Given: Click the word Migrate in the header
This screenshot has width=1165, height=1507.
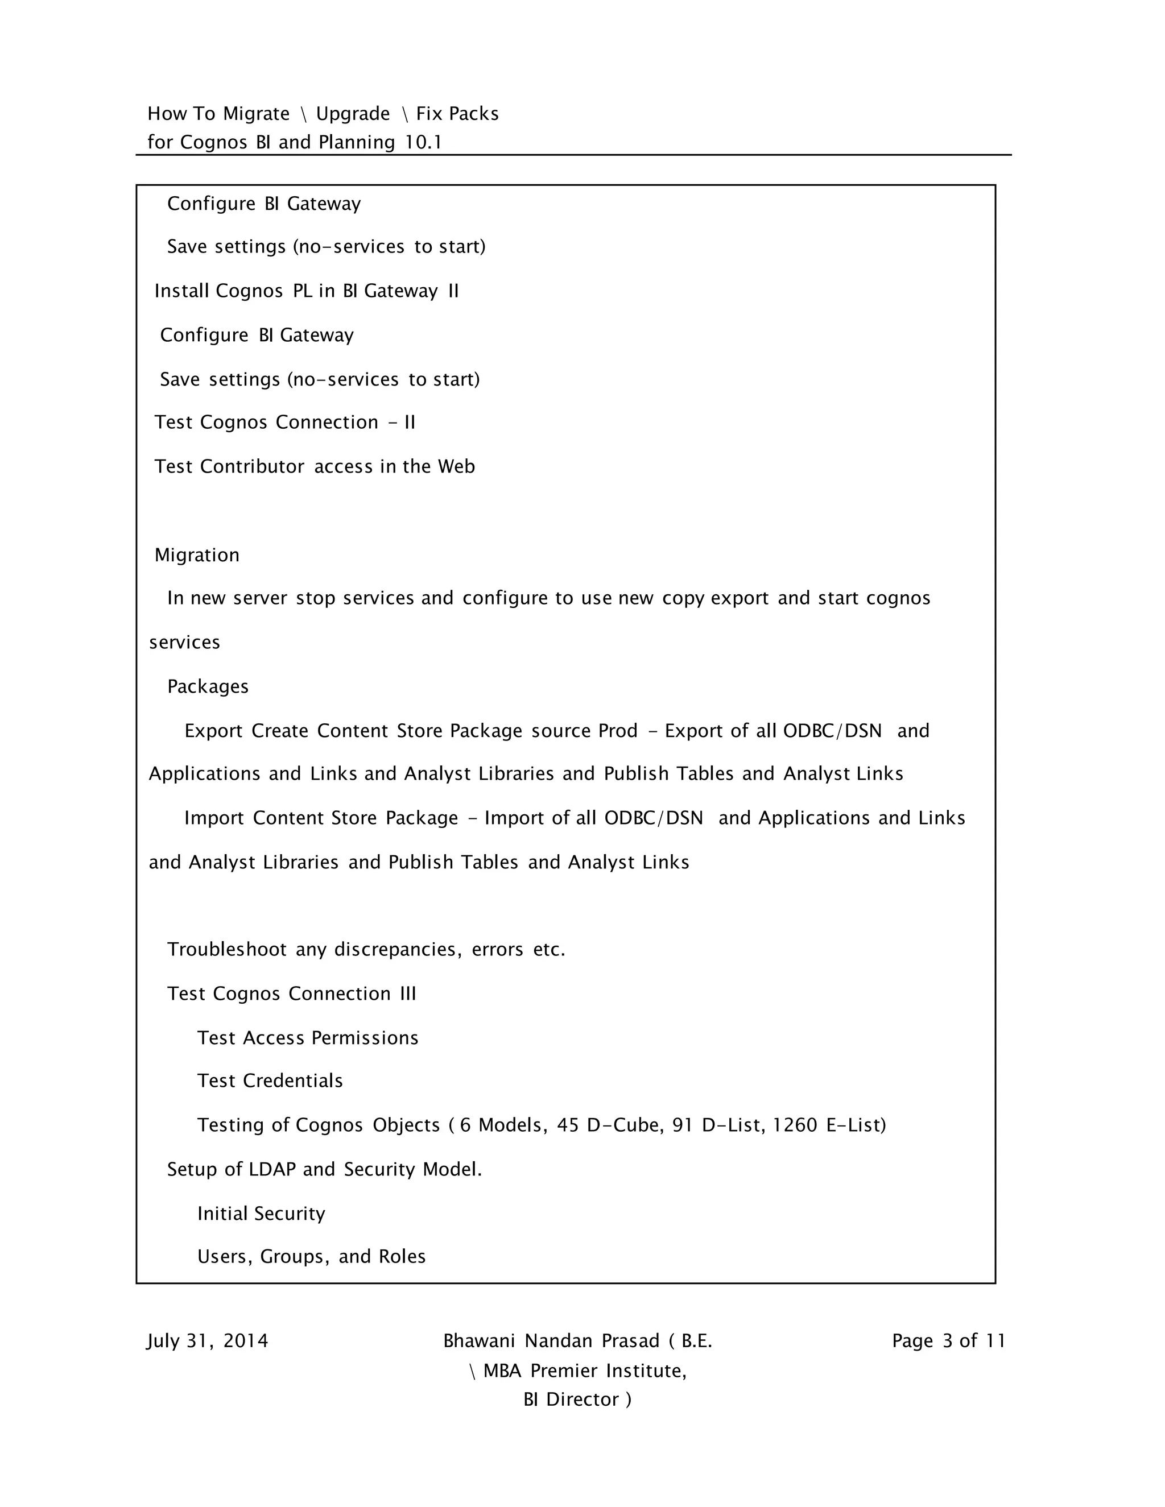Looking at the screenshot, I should (257, 114).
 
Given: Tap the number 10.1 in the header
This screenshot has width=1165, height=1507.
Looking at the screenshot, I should (423, 143).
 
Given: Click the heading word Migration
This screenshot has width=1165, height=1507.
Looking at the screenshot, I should (197, 556).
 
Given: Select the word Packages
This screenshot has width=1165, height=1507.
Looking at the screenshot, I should (208, 686).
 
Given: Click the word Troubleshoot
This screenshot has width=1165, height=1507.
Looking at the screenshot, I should (226, 950).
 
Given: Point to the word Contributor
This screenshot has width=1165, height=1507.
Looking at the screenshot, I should (252, 467).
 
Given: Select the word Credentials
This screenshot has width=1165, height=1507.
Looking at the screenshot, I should (292, 1081).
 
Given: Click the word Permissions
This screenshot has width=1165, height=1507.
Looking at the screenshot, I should (365, 1038).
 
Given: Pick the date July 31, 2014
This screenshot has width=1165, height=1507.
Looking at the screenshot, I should (208, 1341).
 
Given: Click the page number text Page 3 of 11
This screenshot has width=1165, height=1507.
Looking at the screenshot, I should (948, 1341).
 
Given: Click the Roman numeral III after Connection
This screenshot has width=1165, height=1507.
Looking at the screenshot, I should (408, 993).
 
